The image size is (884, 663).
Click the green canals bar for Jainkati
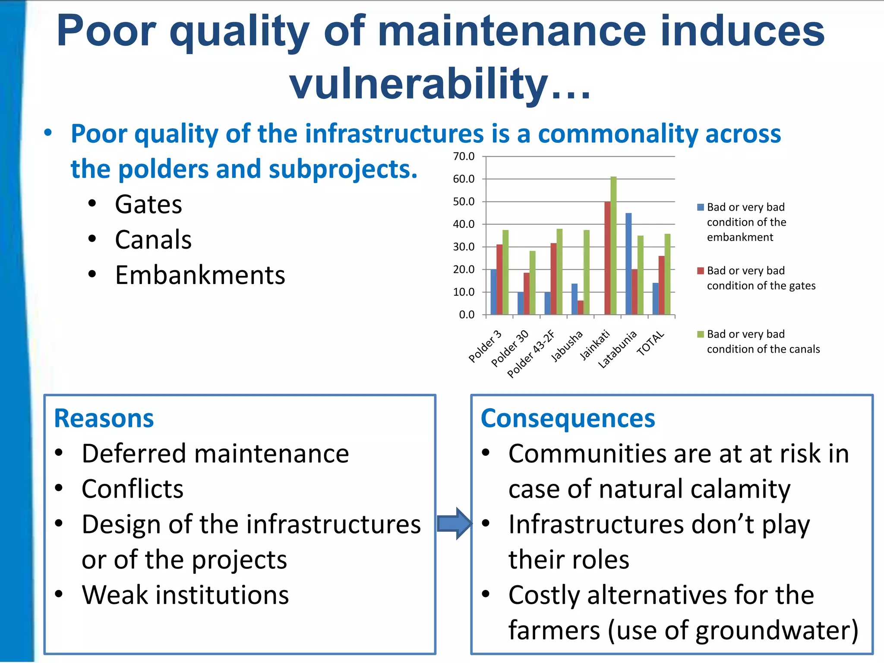[x=613, y=246]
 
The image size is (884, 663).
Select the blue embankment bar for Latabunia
[x=628, y=264]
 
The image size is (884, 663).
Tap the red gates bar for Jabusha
[x=581, y=307]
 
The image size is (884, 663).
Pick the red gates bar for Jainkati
[x=607, y=258]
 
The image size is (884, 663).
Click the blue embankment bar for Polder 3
[x=493, y=292]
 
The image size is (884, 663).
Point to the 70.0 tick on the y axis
[x=464, y=156]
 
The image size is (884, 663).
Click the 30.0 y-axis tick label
[x=464, y=247]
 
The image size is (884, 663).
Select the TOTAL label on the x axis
[x=650, y=344]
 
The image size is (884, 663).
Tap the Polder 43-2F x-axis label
[x=530, y=354]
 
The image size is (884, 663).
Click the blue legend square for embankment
[x=701, y=207]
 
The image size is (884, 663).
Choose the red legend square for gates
[x=701, y=271]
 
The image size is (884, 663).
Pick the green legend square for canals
[x=701, y=334]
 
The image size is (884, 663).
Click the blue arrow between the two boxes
[x=454, y=524]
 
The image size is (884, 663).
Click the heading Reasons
[x=104, y=418]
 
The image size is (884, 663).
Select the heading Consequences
[x=568, y=418]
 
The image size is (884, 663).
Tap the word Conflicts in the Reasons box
[x=133, y=489]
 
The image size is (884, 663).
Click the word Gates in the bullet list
[x=148, y=204]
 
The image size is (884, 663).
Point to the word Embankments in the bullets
[x=200, y=275]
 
